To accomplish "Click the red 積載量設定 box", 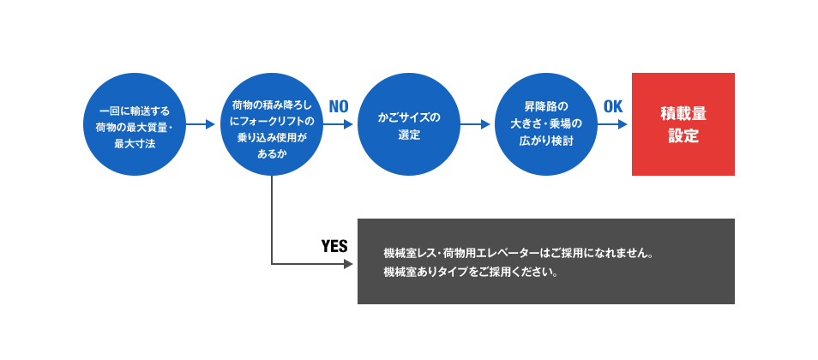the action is pos(683,124).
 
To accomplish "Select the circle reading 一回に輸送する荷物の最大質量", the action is pos(135,124).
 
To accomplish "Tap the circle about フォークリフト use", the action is pos(272,124).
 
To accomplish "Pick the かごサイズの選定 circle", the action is pos(409,124).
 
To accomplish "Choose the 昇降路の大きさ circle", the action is pos(546,124).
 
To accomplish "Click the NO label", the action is pos(339,107).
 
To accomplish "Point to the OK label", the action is pos(613,107).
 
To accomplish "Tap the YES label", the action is pos(334,246).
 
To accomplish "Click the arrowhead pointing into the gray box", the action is pos(348,264).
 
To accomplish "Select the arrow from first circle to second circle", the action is pos(201,124).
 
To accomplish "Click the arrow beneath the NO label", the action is pos(338,124).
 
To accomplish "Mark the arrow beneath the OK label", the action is pos(612,124).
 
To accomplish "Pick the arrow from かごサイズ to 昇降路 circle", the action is pos(475,124).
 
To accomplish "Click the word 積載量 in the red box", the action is pos(683,113).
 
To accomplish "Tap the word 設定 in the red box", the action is pos(683,135).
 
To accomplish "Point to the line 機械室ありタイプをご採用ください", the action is pos(471,273).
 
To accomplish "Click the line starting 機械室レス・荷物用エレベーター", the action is pos(519,254).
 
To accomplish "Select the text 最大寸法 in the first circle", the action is pos(135,144).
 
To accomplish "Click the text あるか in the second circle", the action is pos(272,154).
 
